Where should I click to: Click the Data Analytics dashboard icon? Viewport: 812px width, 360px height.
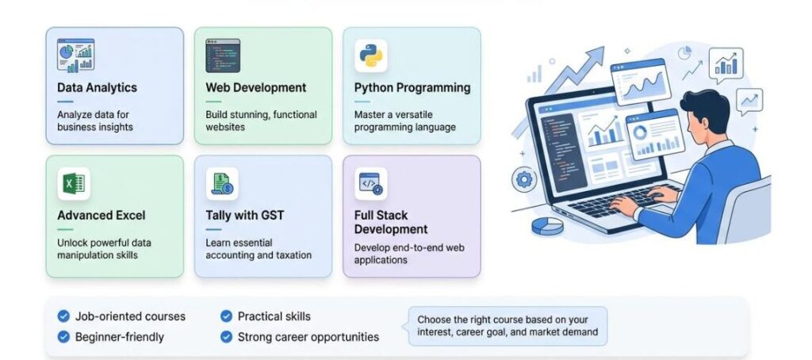pyautogui.click(x=75, y=56)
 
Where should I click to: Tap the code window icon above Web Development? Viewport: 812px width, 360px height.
pyautogui.click(x=223, y=56)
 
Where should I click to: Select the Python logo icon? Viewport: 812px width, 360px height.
pyautogui.click(x=371, y=56)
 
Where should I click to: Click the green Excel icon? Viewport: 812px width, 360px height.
pyautogui.click(x=74, y=184)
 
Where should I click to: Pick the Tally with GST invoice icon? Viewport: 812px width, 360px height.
pyautogui.click(x=222, y=184)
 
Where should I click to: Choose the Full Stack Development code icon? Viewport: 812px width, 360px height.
pyautogui.click(x=371, y=184)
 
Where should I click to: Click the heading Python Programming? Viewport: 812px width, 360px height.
pyautogui.click(x=412, y=88)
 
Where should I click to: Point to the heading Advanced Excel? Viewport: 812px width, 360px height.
pyautogui.click(x=101, y=216)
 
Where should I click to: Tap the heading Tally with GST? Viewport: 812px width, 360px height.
pyautogui.click(x=245, y=216)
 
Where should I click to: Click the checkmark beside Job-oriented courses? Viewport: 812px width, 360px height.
pyautogui.click(x=63, y=316)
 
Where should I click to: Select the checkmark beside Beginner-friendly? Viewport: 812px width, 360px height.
pyautogui.click(x=63, y=337)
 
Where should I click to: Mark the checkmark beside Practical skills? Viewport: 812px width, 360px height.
pyautogui.click(x=226, y=316)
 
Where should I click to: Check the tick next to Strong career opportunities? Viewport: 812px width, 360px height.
pyautogui.click(x=226, y=337)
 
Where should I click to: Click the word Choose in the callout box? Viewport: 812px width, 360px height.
pyautogui.click(x=434, y=320)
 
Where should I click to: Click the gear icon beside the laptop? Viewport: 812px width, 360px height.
pyautogui.click(x=525, y=180)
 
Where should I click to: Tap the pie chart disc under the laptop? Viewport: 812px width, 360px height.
pyautogui.click(x=547, y=226)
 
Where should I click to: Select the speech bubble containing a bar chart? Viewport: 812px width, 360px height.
pyautogui.click(x=726, y=66)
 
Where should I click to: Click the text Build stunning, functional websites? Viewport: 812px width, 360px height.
pyautogui.click(x=261, y=121)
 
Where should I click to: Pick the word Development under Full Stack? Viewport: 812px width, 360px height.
pyautogui.click(x=391, y=229)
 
